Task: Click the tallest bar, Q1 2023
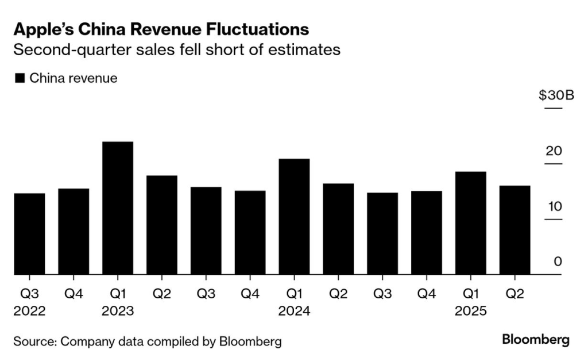118,208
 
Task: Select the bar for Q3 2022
29,234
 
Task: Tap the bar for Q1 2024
294,217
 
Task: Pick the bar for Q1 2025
470,223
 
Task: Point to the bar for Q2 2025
514,230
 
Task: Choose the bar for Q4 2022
73,232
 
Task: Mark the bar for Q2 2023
162,225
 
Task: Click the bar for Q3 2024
382,233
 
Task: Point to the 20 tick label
554,151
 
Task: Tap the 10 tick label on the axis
554,206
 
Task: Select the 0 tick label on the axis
557,262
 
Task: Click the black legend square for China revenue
20,79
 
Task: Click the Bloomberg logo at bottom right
535,340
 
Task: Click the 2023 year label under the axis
117,311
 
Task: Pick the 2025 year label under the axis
470,311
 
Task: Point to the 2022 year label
29,311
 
